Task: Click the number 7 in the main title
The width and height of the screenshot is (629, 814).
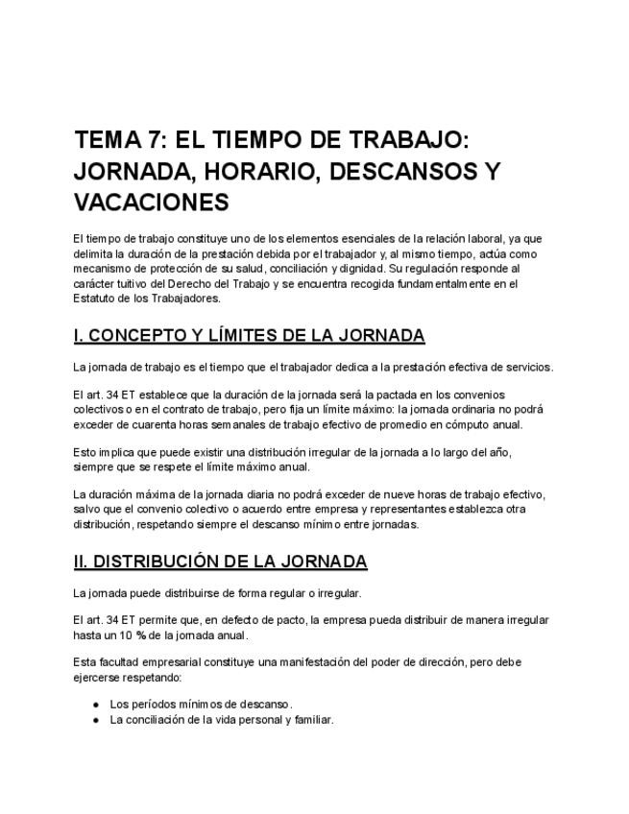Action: (151, 140)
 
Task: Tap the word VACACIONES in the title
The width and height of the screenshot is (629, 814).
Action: (151, 203)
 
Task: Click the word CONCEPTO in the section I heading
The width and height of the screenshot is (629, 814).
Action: (142, 335)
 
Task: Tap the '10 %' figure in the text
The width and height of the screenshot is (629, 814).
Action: (146, 635)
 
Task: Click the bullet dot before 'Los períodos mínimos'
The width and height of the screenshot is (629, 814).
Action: (96, 705)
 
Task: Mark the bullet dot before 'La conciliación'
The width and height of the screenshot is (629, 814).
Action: (96, 720)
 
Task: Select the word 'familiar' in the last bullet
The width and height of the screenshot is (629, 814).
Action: (309, 720)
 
